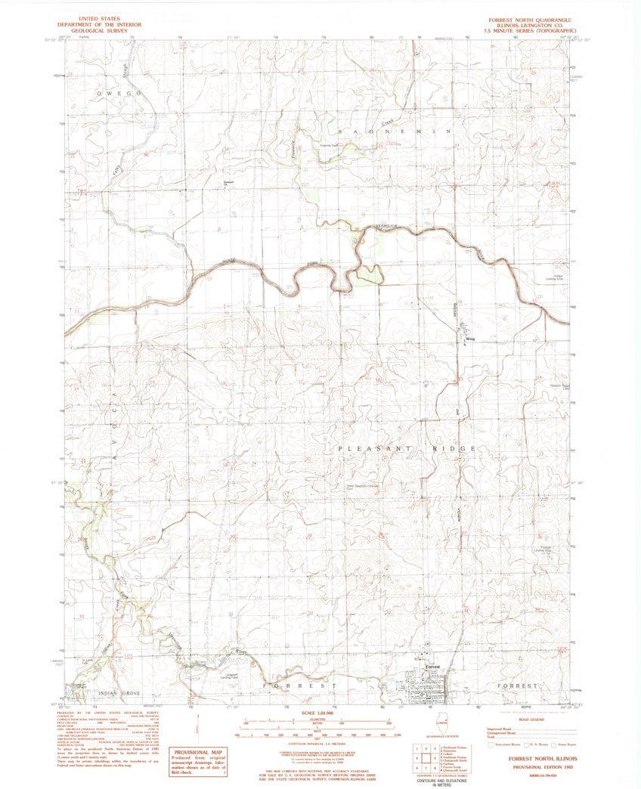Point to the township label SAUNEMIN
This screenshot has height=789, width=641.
[x=393, y=131]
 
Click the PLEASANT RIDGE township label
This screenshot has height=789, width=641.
[x=406, y=448]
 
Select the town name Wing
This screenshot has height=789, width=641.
[x=469, y=340]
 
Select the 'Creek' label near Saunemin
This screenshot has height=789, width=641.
[x=388, y=121]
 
